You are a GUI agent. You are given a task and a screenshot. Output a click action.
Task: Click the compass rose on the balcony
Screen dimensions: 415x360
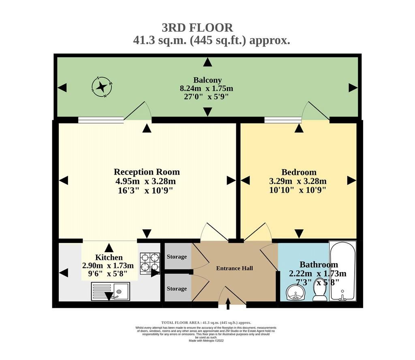click(x=102, y=87)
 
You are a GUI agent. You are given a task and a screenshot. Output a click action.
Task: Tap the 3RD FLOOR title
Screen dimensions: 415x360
click(x=197, y=28)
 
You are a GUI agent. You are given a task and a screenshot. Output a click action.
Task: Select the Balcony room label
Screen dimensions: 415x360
click(x=207, y=80)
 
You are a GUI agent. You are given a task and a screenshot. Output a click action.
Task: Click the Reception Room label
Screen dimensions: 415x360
click(x=147, y=172)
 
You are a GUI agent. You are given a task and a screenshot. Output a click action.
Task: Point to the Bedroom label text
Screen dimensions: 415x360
click(x=299, y=172)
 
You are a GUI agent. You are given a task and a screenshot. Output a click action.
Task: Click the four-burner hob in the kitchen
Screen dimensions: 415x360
click(x=150, y=264)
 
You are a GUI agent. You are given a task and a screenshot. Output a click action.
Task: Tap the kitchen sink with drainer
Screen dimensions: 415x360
click(x=111, y=291)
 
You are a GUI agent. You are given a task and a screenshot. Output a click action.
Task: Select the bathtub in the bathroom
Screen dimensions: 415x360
click(x=343, y=271)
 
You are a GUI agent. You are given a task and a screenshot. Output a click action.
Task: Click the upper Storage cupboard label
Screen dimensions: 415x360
click(x=177, y=257)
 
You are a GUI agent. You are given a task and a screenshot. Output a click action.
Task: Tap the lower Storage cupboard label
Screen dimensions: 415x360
click(x=177, y=289)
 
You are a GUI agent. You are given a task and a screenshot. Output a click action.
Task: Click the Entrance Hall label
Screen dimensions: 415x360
click(x=235, y=268)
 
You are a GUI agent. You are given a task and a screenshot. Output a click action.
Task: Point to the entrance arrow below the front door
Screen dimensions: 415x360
click(x=228, y=304)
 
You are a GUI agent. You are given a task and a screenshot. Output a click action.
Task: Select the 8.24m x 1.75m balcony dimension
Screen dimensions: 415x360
click(x=206, y=88)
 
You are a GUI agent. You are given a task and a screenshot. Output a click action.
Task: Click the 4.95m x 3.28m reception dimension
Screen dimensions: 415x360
click(x=145, y=181)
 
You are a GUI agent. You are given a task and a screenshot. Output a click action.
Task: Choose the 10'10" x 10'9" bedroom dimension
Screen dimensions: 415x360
click(x=297, y=190)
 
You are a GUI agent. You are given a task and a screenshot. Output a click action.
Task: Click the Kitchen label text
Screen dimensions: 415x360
click(x=109, y=258)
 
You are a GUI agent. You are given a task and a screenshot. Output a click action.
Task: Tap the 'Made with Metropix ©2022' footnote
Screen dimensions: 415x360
click(x=206, y=341)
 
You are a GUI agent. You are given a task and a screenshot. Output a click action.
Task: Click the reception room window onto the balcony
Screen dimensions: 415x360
click(x=101, y=120)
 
